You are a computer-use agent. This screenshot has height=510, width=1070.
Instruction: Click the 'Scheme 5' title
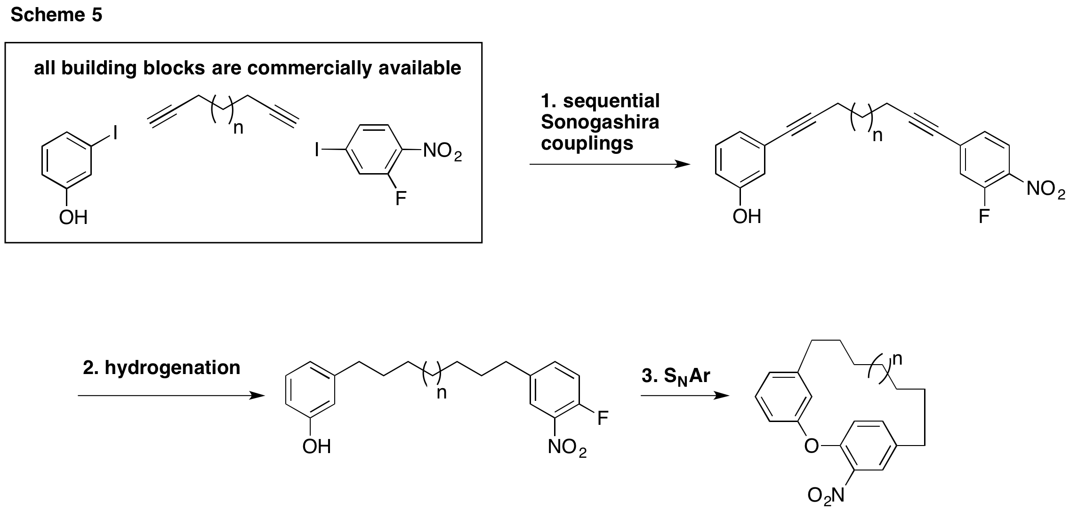pyautogui.click(x=56, y=16)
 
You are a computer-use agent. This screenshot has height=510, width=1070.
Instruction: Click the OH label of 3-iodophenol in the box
pyautogui.click(x=73, y=218)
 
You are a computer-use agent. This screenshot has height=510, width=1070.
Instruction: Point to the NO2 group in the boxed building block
pyautogui.click(x=442, y=151)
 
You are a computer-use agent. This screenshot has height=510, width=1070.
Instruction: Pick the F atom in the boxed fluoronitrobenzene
pyautogui.click(x=401, y=199)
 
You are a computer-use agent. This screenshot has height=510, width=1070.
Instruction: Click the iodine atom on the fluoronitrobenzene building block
pyautogui.click(x=318, y=151)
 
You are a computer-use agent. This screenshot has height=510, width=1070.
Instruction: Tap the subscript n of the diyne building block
pyautogui.click(x=239, y=128)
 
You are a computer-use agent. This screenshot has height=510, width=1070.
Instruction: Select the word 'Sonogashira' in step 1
pyautogui.click(x=600, y=122)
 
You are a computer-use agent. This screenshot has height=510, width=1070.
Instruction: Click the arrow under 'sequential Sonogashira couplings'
pyautogui.click(x=610, y=164)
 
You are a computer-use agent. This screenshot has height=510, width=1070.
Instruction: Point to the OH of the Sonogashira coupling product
pyautogui.click(x=747, y=216)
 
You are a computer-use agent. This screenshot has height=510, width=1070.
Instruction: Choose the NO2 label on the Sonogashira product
pyautogui.click(x=1046, y=189)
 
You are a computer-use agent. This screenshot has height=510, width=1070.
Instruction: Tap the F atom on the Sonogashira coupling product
pyautogui.click(x=983, y=216)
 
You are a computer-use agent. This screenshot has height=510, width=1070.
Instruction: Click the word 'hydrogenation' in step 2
pyautogui.click(x=172, y=367)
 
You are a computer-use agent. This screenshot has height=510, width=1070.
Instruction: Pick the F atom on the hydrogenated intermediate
pyautogui.click(x=603, y=418)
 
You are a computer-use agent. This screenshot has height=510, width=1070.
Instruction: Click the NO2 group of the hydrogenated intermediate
pyautogui.click(x=567, y=447)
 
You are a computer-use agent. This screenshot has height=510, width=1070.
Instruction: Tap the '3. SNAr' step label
pyautogui.click(x=676, y=376)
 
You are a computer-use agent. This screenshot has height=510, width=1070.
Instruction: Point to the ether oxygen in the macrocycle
pyautogui.click(x=811, y=445)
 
